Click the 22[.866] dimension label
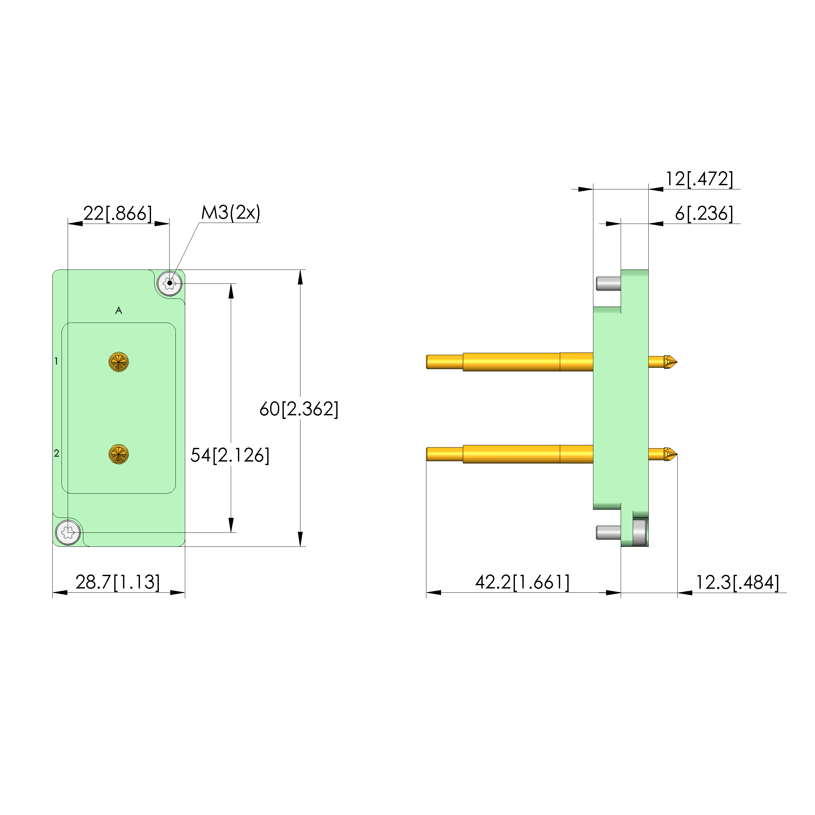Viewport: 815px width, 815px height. point(118,214)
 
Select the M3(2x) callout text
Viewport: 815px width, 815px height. point(231,213)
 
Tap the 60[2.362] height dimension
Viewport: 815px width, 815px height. point(299,409)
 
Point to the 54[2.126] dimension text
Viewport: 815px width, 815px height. point(230,455)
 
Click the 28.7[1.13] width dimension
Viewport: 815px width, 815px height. point(118,582)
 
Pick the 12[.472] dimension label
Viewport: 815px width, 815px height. point(699,179)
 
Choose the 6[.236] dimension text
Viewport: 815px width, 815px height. point(704,214)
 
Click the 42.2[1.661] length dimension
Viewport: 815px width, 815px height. point(522,582)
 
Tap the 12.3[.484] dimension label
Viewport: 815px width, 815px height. point(737,583)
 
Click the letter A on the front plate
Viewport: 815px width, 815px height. point(118,311)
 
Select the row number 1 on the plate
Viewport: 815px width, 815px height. point(56,361)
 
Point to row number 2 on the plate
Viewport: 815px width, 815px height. point(57,453)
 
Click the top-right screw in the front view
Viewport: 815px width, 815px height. point(170,283)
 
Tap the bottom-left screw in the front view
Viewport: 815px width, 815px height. point(68,532)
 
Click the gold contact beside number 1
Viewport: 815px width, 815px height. point(118,362)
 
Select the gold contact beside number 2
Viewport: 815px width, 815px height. point(118,454)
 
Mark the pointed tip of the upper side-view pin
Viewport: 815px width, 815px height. point(677,362)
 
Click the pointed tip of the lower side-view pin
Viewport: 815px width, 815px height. point(677,454)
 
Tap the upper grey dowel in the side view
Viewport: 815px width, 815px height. point(608,283)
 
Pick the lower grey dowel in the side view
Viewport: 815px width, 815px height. point(608,532)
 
